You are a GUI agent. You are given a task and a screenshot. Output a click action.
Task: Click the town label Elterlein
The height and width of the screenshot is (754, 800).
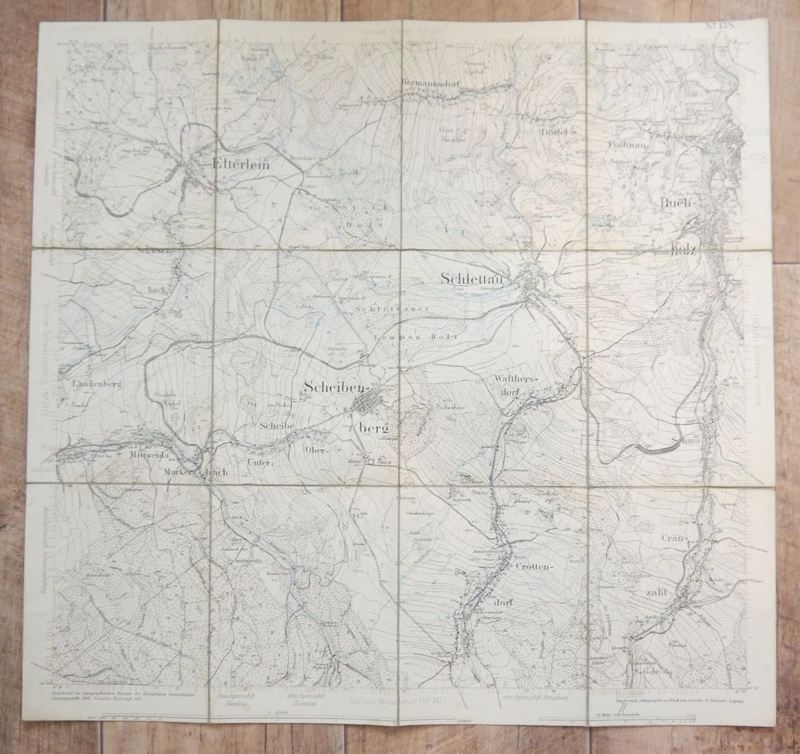tap(240, 164)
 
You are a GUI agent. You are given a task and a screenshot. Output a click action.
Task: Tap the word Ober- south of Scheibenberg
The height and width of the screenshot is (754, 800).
tap(317, 447)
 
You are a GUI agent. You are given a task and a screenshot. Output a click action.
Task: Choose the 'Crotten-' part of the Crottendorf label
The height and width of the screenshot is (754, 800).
tap(537, 566)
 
